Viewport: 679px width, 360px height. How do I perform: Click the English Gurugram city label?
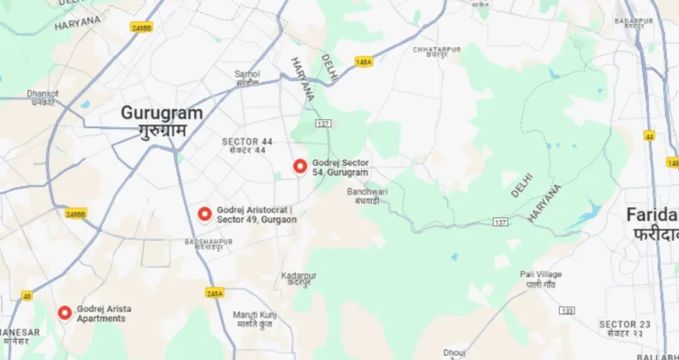pos(162,114)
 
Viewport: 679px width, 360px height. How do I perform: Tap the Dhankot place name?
pos(41,93)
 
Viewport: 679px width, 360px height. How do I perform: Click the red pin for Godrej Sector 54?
pos(300,166)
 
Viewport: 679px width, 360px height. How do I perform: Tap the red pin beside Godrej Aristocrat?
pos(205,214)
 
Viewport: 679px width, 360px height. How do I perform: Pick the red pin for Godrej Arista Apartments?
pos(64,312)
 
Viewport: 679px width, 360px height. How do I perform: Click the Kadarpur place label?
pos(298,276)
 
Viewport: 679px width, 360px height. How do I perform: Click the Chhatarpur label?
pos(437,49)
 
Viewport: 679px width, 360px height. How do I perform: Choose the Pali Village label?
pos(540,274)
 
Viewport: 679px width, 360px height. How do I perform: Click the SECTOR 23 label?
pos(622,324)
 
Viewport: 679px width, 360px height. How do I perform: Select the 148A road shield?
pos(364,62)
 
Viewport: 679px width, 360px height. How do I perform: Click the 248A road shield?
pos(215,293)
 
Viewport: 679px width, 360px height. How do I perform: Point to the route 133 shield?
pos(567,311)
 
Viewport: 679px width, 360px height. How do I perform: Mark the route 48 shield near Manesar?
pos(27,296)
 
